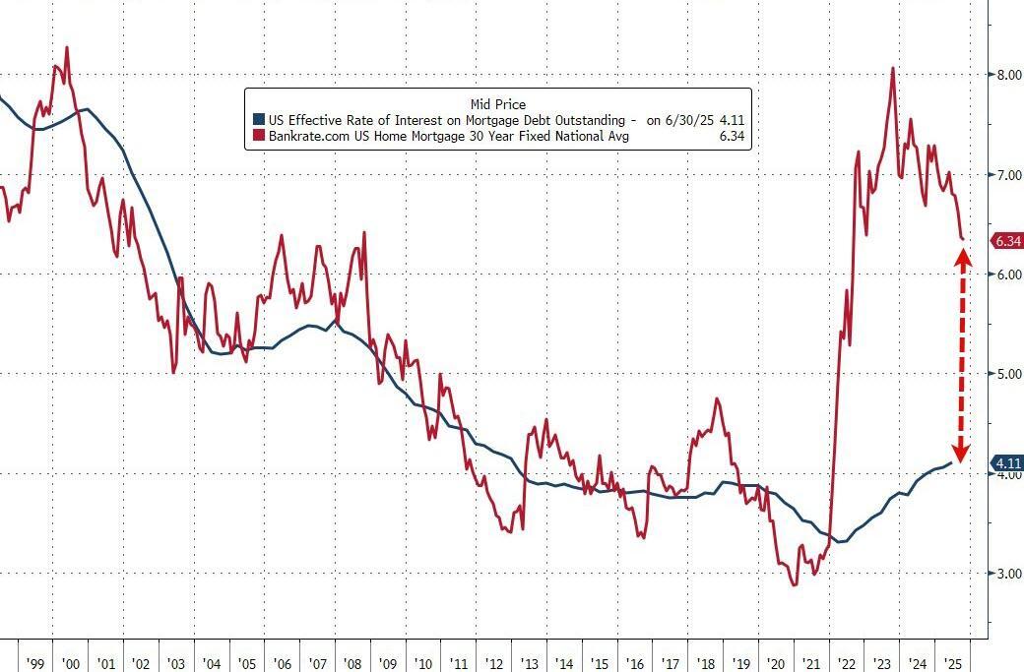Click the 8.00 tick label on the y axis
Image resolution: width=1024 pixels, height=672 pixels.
coord(1006,74)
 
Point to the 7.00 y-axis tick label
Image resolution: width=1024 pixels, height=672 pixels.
coord(1006,174)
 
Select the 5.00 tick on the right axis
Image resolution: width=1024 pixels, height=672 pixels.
coord(1006,374)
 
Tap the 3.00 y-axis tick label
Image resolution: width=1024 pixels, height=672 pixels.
coord(1006,574)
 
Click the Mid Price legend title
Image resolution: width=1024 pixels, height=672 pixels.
coord(498,103)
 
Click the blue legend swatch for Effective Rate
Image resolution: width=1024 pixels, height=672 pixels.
coord(258,120)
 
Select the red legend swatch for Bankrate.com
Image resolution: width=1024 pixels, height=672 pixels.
coord(258,137)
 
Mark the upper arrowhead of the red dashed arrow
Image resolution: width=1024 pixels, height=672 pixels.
coord(962,258)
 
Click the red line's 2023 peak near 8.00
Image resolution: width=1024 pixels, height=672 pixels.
coord(892,68)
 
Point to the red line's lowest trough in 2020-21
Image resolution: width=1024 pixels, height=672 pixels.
coord(794,584)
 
